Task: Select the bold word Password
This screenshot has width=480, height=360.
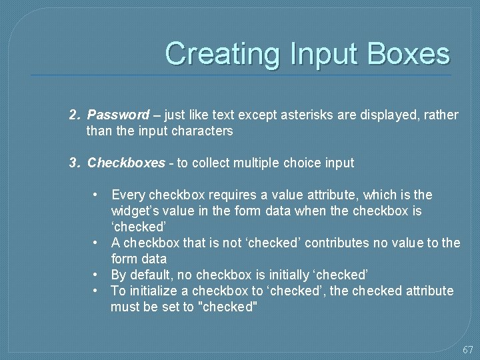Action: pyautogui.click(x=119, y=115)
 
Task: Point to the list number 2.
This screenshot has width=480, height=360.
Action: pyautogui.click(x=75, y=115)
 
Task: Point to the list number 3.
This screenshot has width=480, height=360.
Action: pyautogui.click(x=75, y=163)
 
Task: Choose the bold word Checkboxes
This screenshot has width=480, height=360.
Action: pyautogui.click(x=126, y=163)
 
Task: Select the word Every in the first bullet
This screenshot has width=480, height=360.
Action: pyautogui.click(x=128, y=195)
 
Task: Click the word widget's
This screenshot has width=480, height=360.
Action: pyautogui.click(x=133, y=211)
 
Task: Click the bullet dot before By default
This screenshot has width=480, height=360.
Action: pyautogui.click(x=97, y=275)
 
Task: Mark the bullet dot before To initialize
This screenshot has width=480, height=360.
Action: pyautogui.click(x=97, y=291)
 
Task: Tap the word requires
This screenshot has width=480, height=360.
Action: pyautogui.click(x=233, y=195)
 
